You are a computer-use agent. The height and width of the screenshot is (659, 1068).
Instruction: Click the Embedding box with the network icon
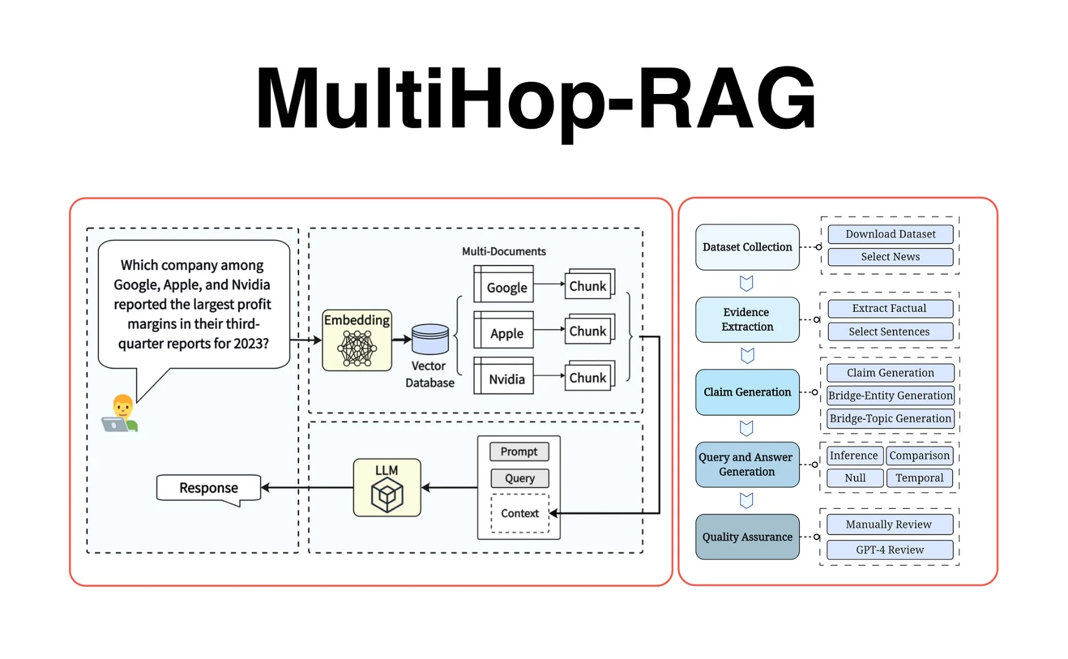[357, 340]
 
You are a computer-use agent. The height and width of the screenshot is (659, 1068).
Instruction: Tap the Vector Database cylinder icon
[430, 339]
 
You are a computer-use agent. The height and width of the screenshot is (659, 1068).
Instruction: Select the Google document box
[504, 284]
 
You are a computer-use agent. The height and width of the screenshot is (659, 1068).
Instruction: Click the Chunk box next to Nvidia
[588, 377]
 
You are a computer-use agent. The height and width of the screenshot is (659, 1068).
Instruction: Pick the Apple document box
[504, 331]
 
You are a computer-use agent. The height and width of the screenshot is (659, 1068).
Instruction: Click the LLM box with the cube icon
[387, 488]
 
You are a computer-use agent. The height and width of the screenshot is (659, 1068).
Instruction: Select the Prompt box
[519, 452]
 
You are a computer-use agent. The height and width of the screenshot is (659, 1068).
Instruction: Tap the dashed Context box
[520, 514]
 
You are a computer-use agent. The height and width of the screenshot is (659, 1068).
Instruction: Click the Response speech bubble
[209, 488]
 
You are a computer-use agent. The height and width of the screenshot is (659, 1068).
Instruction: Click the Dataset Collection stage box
[747, 247]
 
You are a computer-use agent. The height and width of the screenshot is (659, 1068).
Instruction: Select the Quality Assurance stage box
[747, 537]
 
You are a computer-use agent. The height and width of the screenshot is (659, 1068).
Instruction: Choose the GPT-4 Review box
[890, 550]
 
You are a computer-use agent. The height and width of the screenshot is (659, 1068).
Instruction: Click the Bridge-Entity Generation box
[890, 395]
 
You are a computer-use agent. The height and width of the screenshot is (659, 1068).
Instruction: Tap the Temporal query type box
[919, 478]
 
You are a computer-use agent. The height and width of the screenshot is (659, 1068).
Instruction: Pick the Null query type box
[855, 478]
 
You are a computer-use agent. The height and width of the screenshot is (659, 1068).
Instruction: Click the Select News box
[890, 257]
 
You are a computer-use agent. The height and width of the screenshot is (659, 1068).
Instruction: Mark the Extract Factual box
[890, 309]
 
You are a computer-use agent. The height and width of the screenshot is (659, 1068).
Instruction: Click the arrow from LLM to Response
[308, 488]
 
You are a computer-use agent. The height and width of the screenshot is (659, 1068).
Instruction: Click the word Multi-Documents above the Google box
[503, 251]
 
